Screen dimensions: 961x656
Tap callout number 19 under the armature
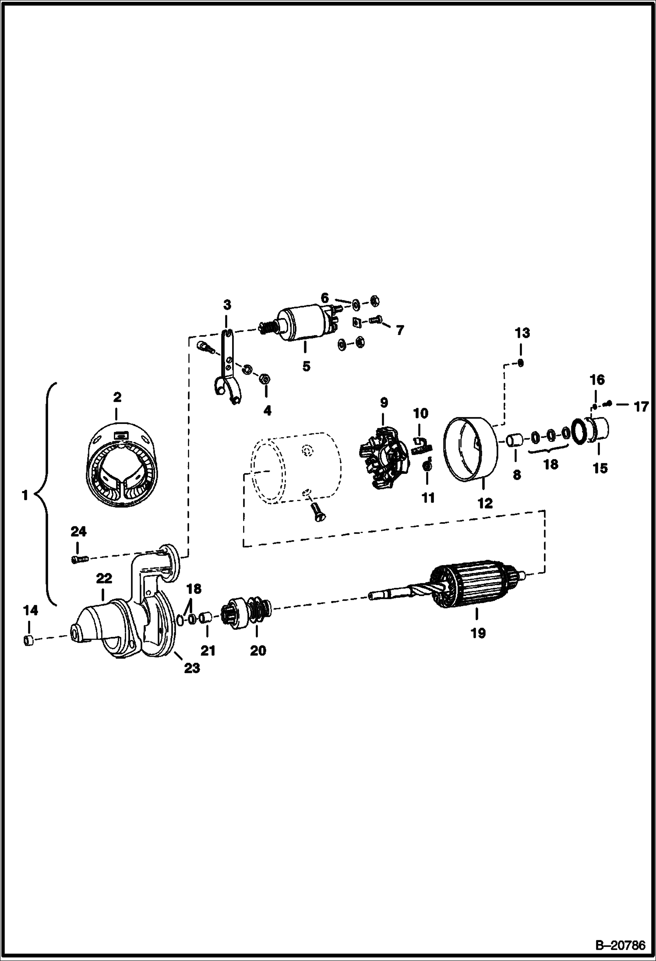tap(478, 633)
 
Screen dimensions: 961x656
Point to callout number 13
tap(522, 333)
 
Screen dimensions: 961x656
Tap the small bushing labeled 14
tap(28, 641)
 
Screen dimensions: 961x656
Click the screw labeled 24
tap(79, 558)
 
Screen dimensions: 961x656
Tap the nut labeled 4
tap(265, 378)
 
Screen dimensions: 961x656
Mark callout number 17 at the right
tap(641, 407)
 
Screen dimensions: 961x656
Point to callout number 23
tap(191, 668)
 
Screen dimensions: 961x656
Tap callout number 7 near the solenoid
tap(399, 330)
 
